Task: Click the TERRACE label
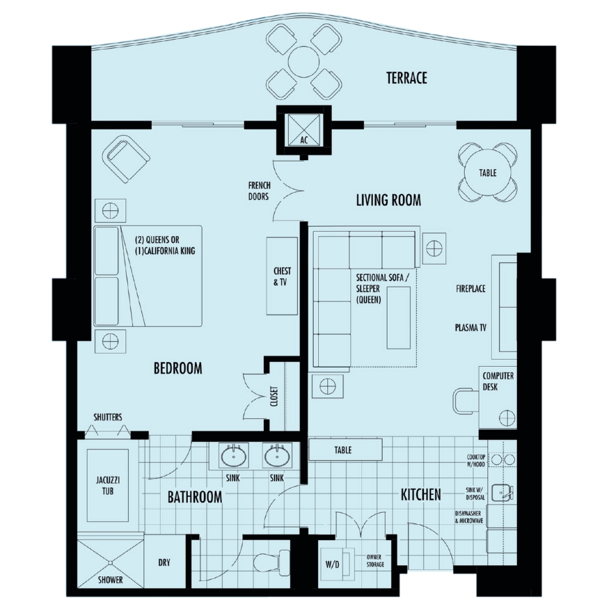(406, 78)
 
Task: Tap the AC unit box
(303, 131)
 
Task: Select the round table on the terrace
(303, 62)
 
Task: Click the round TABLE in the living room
(487, 173)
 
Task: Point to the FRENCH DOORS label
(260, 191)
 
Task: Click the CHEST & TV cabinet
(282, 276)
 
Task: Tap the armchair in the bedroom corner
(126, 159)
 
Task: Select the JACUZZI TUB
(108, 486)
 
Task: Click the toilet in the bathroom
(272, 561)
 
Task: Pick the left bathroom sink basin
(234, 457)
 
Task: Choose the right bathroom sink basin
(277, 457)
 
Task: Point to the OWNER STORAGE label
(375, 560)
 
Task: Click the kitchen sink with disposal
(503, 493)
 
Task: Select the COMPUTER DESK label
(498, 381)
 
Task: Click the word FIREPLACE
(470, 289)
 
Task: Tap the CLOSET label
(274, 397)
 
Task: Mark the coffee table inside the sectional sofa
(399, 317)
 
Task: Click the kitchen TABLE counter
(345, 450)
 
